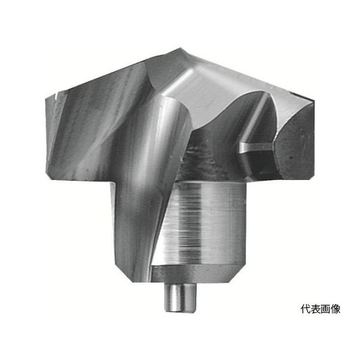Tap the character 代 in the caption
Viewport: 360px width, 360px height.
305,310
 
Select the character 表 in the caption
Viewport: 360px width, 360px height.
316,310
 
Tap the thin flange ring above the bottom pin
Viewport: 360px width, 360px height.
198,273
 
